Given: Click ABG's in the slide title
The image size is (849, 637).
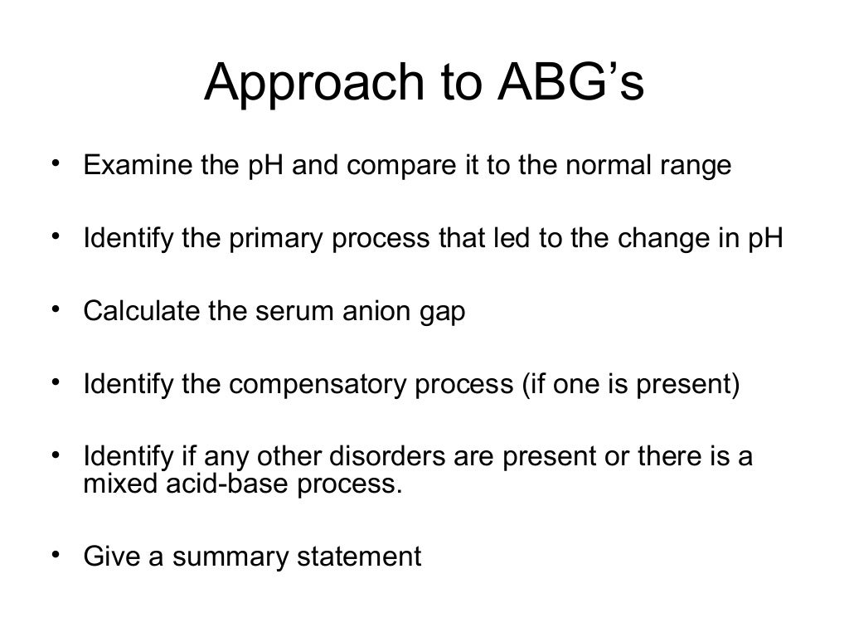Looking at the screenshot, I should (x=570, y=83).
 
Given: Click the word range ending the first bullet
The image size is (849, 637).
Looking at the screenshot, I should (x=691, y=168).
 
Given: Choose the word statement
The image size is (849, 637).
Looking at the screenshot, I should (x=359, y=555).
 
